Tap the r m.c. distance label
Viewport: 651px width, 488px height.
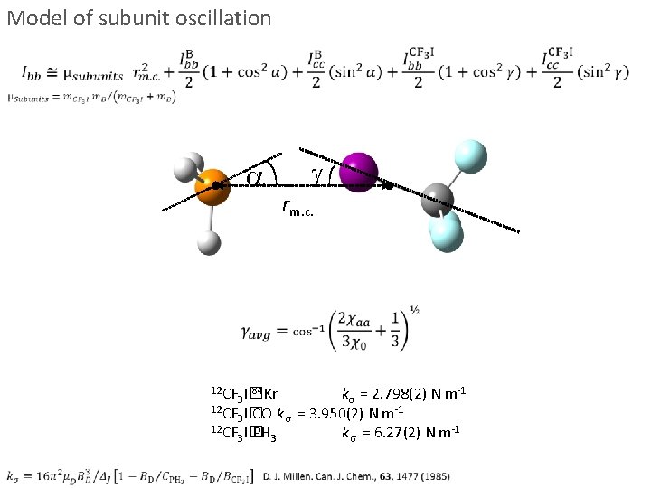[298, 210]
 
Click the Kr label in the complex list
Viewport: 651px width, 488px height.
[269, 394]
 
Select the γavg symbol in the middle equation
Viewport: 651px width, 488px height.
[262, 331]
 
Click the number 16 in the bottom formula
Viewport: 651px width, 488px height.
[34, 474]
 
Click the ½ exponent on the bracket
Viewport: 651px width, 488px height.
[414, 309]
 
